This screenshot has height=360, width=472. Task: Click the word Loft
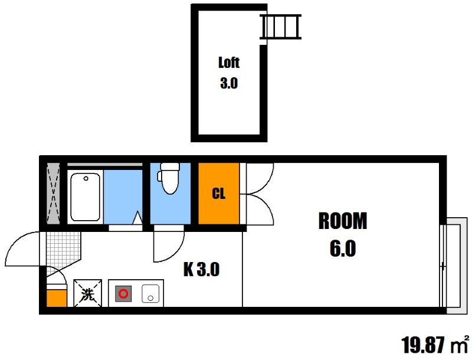229,63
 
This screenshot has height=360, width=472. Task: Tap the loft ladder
281,27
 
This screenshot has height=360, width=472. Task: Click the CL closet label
219,194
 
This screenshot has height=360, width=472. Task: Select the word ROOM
343,221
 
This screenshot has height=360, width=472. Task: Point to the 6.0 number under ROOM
343,248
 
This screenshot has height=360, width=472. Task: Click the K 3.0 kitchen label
201,269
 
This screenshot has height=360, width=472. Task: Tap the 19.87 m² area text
435,345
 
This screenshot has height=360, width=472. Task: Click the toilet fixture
169,178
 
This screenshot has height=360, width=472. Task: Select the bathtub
85,197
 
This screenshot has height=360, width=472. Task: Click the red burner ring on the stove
123,293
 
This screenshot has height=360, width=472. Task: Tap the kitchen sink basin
150,293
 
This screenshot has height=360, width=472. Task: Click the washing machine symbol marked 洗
87,293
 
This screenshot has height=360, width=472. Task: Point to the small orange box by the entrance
57,298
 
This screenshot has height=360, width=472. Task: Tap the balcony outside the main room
454,266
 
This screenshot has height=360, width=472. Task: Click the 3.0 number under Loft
229,83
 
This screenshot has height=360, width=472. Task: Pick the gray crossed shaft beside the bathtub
54,194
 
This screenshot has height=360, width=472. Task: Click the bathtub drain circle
86,178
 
